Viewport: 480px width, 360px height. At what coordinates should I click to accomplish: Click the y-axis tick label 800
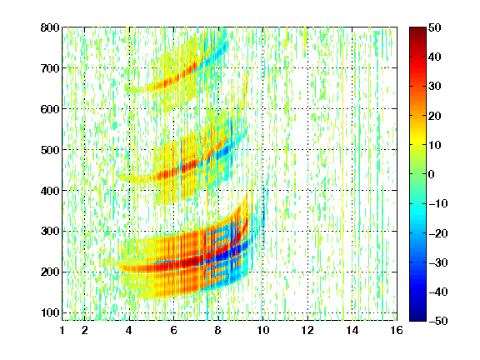pos(50,27)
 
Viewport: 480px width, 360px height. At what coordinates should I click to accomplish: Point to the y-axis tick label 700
pos(50,68)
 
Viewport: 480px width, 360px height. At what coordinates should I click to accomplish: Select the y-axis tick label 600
pos(50,109)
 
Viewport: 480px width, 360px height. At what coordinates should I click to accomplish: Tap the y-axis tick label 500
pos(50,150)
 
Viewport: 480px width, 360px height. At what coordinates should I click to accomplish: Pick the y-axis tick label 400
pos(50,191)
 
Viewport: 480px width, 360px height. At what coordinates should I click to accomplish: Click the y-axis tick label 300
pos(50,231)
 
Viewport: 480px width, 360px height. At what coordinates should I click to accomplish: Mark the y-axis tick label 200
pos(50,272)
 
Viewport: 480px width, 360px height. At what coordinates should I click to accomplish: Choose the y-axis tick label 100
pos(50,312)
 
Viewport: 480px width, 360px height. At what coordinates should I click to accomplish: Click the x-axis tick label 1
pos(62,330)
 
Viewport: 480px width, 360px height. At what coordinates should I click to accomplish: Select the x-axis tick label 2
pos(85,330)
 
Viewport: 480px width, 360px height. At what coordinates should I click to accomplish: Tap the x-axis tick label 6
pos(173,330)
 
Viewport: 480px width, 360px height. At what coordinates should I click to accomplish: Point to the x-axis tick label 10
pos(262,330)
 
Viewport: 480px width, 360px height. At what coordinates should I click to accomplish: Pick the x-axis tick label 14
pos(352,330)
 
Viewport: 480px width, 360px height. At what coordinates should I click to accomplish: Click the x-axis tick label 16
pos(397,330)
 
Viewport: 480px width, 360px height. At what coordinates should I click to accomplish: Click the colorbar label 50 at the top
pos(434,27)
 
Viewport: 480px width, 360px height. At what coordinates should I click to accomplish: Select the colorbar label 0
pos(432,174)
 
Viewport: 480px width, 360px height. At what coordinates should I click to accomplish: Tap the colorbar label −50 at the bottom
pos(438,321)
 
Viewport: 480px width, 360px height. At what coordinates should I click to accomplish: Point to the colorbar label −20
pos(438,233)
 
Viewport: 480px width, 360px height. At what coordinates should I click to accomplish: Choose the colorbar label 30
pos(434,86)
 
